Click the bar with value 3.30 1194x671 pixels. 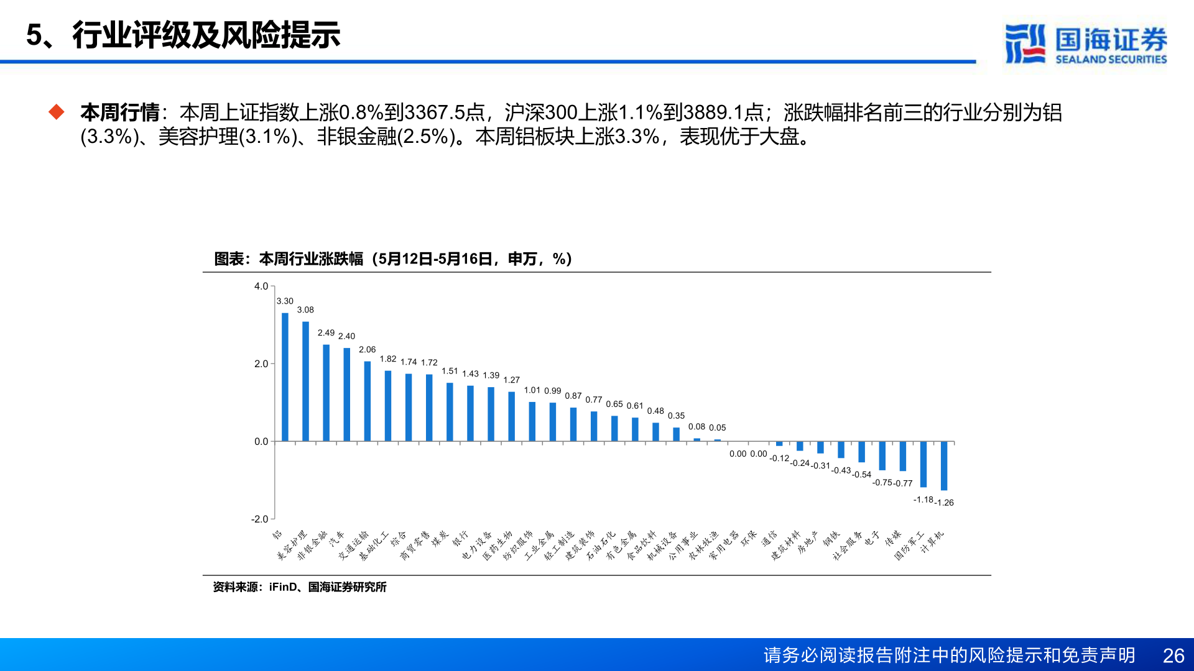[x=285, y=377]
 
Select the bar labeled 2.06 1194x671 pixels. [x=368, y=401]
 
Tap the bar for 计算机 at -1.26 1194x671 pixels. [x=944, y=466]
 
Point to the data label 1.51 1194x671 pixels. [x=450, y=371]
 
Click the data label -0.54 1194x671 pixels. [x=862, y=475]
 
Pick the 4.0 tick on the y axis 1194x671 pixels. [x=261, y=286]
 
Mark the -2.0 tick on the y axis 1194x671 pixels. [x=260, y=519]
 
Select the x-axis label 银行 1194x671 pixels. [x=461, y=538]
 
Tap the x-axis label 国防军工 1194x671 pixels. [x=909, y=545]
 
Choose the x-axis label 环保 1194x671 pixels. [x=749, y=537]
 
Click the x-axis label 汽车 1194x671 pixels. [x=337, y=538]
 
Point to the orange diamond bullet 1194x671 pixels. [x=57, y=112]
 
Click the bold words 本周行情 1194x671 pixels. [x=120, y=112]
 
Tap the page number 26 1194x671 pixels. [x=1173, y=655]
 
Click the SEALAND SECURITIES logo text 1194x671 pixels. [x=1111, y=60]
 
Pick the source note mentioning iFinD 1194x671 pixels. [x=299, y=587]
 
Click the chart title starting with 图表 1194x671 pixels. [x=392, y=258]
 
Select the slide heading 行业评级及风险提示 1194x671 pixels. [x=206, y=35]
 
